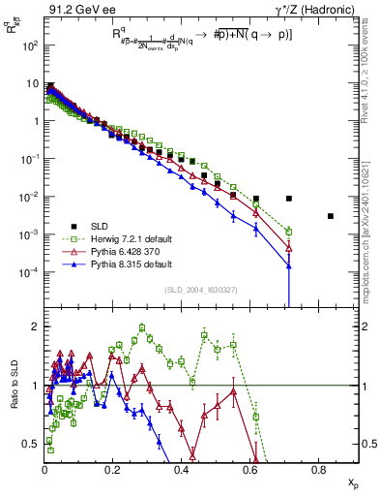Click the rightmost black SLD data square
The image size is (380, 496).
tap(331, 216)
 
